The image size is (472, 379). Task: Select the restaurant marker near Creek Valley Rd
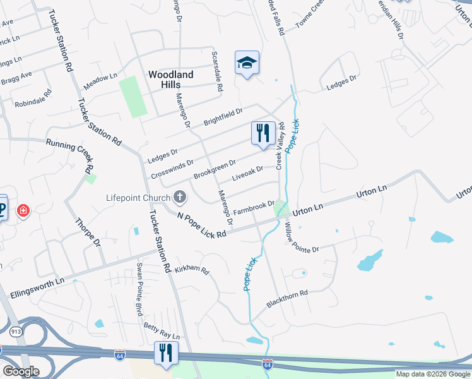pos(263,133)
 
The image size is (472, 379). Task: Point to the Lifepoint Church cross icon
pos(180,198)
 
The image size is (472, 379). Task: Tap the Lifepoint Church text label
pos(138,198)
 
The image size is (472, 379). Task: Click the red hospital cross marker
pos(23,210)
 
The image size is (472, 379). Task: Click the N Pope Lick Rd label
pos(201,226)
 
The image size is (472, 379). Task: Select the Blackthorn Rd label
pos(286,299)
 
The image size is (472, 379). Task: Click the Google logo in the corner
pos(21,371)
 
